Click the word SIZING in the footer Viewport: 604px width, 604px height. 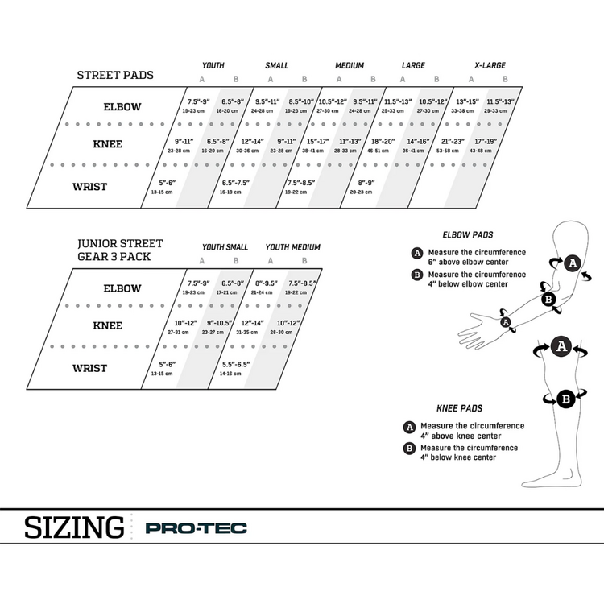coord(74,528)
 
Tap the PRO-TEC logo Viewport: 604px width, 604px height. coord(196,529)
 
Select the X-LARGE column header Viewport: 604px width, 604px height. coord(488,65)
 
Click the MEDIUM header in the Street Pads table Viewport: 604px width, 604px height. coord(350,65)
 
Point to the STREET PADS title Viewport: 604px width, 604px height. coord(115,76)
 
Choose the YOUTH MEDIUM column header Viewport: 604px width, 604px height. coord(282,247)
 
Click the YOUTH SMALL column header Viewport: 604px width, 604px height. coord(225,247)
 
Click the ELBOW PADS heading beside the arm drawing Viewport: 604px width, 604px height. coord(468,235)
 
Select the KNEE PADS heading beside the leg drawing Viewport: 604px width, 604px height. coord(460,408)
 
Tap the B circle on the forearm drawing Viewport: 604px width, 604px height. coord(548,300)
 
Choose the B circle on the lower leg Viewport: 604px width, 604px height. coord(565,399)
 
